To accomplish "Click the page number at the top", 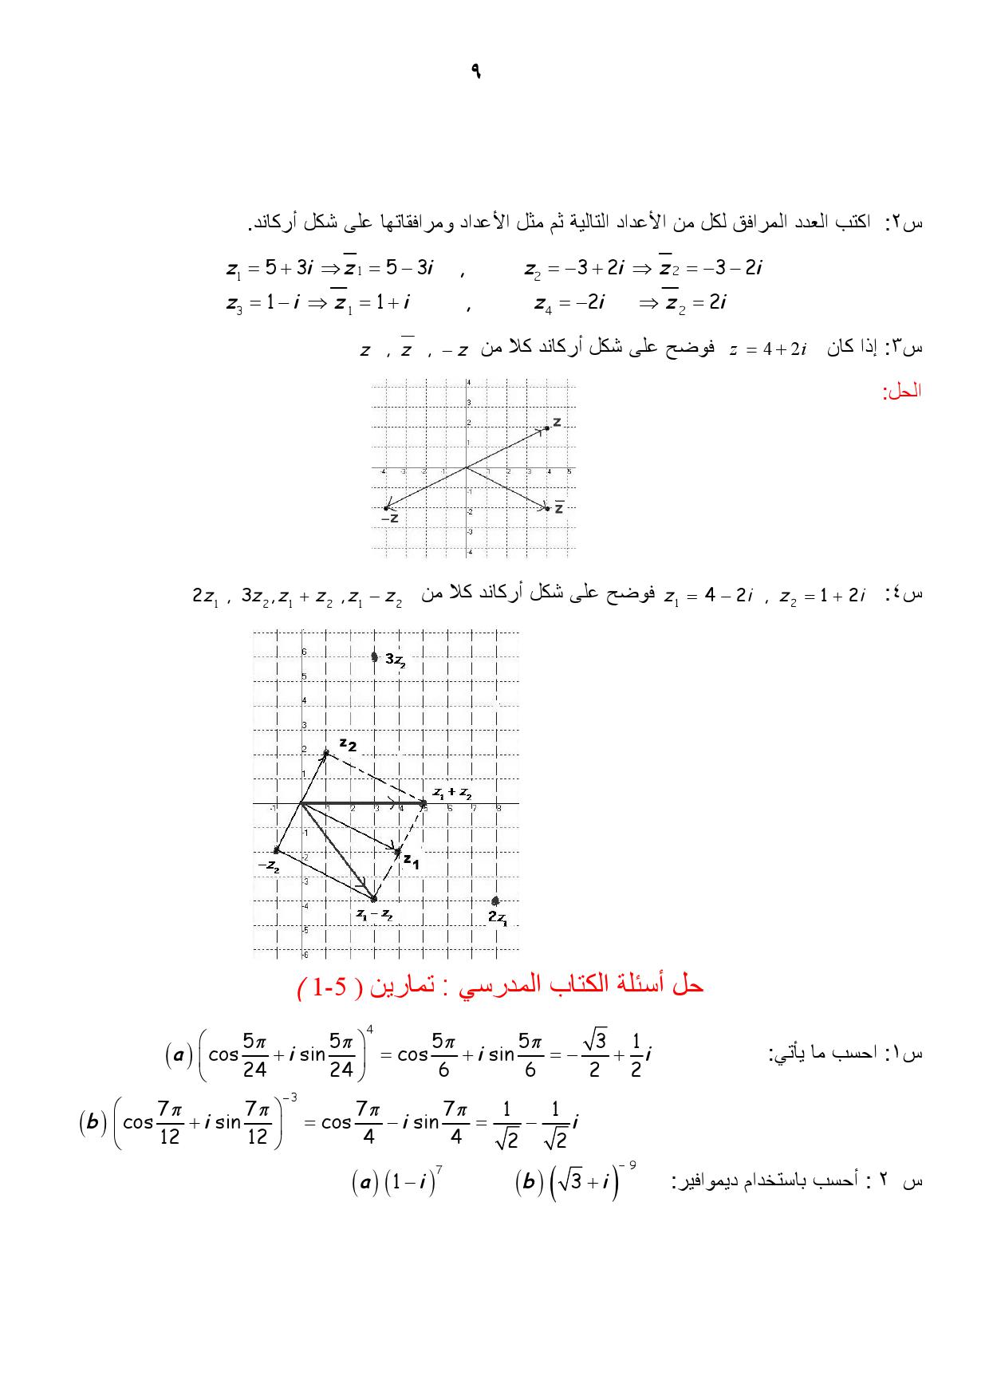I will point(476,72).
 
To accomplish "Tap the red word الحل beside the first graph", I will point(902,392).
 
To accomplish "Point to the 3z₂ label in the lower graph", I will point(396,660).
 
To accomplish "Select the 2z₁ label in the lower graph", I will point(498,918).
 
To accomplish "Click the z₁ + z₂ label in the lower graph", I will point(452,793).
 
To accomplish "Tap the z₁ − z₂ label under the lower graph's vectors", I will point(374,914).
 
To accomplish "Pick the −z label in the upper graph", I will point(389,518).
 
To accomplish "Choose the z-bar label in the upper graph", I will point(559,507).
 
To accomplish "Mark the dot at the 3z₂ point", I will point(375,657).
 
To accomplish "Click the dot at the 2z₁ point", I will point(496,901).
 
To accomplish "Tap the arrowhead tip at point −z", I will point(386,507).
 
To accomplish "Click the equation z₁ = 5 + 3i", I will point(270,269).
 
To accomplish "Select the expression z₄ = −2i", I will point(569,303).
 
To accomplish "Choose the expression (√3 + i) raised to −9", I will point(575,1181).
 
